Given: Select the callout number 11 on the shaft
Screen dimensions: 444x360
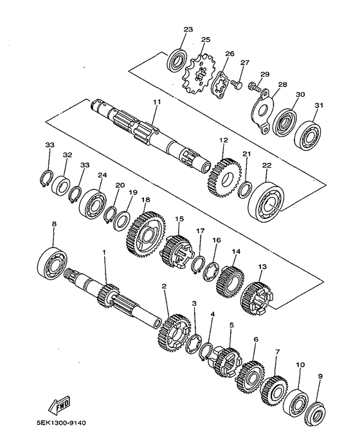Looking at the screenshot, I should click(156, 102).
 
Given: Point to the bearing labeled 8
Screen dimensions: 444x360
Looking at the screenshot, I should click(53, 262).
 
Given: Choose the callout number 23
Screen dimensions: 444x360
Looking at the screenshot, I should click(188, 30).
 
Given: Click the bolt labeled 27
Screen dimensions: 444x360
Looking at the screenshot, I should click(237, 84).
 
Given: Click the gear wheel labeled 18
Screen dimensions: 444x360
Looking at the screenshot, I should click(147, 230).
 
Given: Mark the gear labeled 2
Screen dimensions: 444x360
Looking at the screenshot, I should click(174, 331).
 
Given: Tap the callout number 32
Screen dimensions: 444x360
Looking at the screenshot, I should click(67, 155).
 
